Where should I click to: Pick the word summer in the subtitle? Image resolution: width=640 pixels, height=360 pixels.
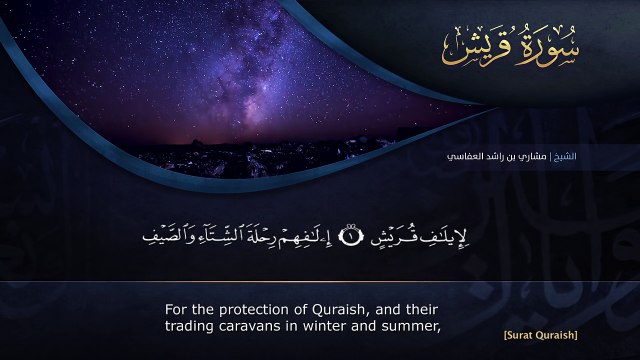(412, 325)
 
